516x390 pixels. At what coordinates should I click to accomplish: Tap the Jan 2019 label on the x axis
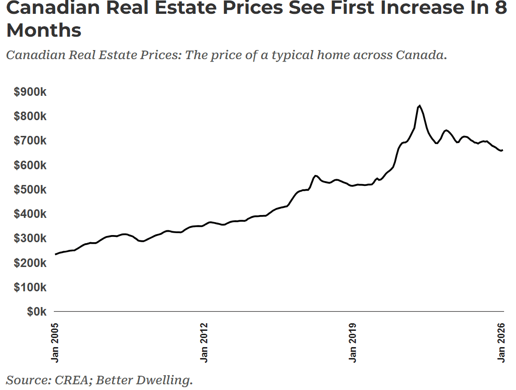point(353,342)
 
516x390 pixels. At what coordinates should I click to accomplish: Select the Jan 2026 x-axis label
point(502,342)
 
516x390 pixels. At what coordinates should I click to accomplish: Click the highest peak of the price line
point(419,105)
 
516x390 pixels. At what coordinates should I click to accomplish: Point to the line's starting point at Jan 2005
point(56,254)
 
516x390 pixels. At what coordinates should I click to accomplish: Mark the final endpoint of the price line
point(503,150)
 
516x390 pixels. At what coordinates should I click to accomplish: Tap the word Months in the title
point(44,30)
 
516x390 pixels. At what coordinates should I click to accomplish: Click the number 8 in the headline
point(501,8)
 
